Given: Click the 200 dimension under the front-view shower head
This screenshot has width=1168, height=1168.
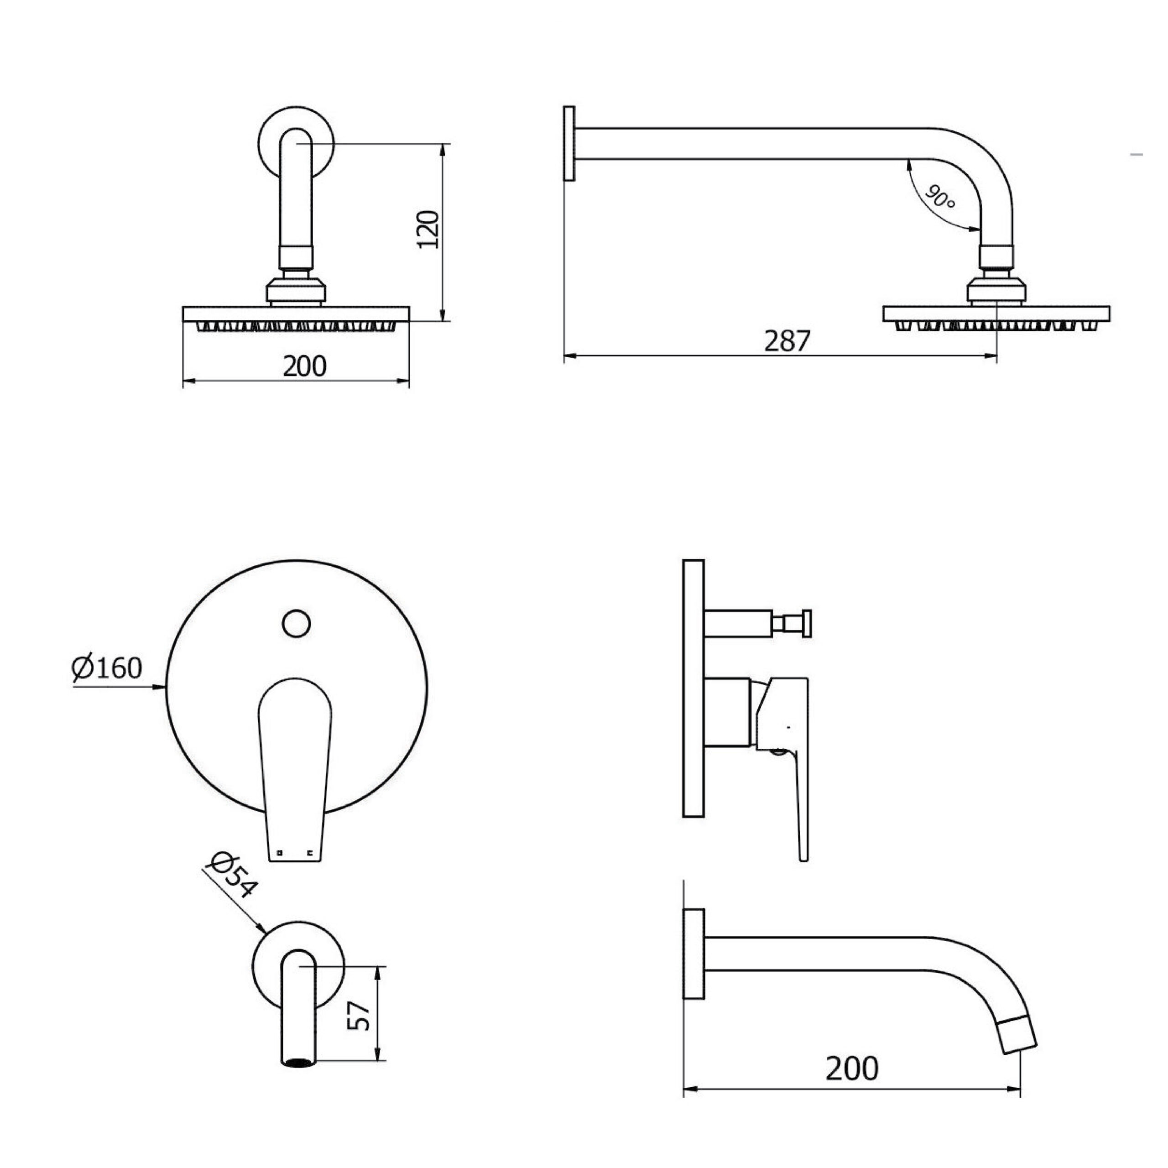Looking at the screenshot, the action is (x=305, y=366).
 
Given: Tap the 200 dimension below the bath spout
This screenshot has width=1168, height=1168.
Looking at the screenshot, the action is (x=852, y=1069).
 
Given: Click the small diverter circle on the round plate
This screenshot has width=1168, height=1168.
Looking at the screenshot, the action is (x=296, y=623).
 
